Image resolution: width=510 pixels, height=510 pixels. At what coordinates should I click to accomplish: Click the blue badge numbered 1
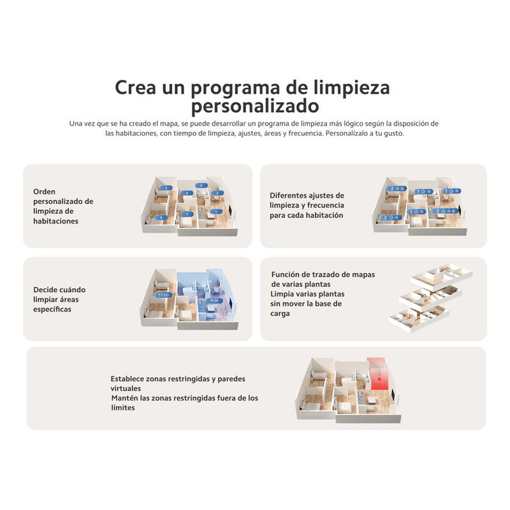216,212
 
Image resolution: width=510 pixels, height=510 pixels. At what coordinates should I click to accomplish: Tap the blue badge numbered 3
201,186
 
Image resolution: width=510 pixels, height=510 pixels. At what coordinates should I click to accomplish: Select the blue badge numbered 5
166,188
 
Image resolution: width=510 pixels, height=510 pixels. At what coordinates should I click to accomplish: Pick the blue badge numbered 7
187,214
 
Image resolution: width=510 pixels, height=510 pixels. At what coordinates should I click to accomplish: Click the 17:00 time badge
164,295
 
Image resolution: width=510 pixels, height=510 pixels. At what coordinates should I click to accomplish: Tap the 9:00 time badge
214,301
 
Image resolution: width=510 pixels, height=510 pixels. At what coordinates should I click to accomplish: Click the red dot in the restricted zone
379,379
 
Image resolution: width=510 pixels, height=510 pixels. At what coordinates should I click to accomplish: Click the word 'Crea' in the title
135,87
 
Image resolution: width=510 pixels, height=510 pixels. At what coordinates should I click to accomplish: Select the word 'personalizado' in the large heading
255,106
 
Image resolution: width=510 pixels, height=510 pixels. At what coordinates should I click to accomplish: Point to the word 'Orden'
44,192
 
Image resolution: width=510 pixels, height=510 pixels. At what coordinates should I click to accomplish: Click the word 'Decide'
45,290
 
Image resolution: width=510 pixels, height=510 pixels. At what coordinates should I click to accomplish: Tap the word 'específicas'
52,310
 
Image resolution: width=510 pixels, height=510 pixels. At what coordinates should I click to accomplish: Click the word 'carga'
280,314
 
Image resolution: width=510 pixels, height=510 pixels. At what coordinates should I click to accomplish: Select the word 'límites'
123,408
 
